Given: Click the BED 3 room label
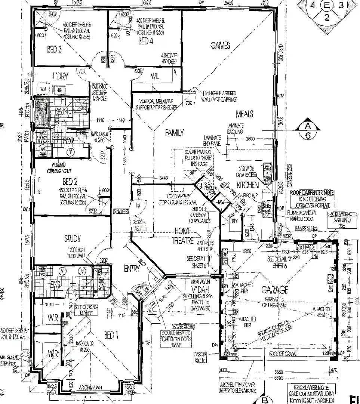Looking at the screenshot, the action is (x=55, y=49).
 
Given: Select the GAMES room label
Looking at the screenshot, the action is (x=220, y=46).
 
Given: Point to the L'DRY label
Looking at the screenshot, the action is (x=60, y=76).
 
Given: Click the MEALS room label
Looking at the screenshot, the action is (x=244, y=113).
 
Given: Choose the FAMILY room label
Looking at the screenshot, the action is (x=175, y=133).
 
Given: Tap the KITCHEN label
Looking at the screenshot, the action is (x=248, y=185).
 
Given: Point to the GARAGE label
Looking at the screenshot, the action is (x=274, y=290).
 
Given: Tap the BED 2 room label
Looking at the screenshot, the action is (x=70, y=182).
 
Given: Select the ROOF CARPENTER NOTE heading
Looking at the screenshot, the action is (x=313, y=193).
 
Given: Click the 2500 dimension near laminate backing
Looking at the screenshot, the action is (x=250, y=139).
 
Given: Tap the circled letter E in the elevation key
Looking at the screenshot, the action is (x=327, y=6).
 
